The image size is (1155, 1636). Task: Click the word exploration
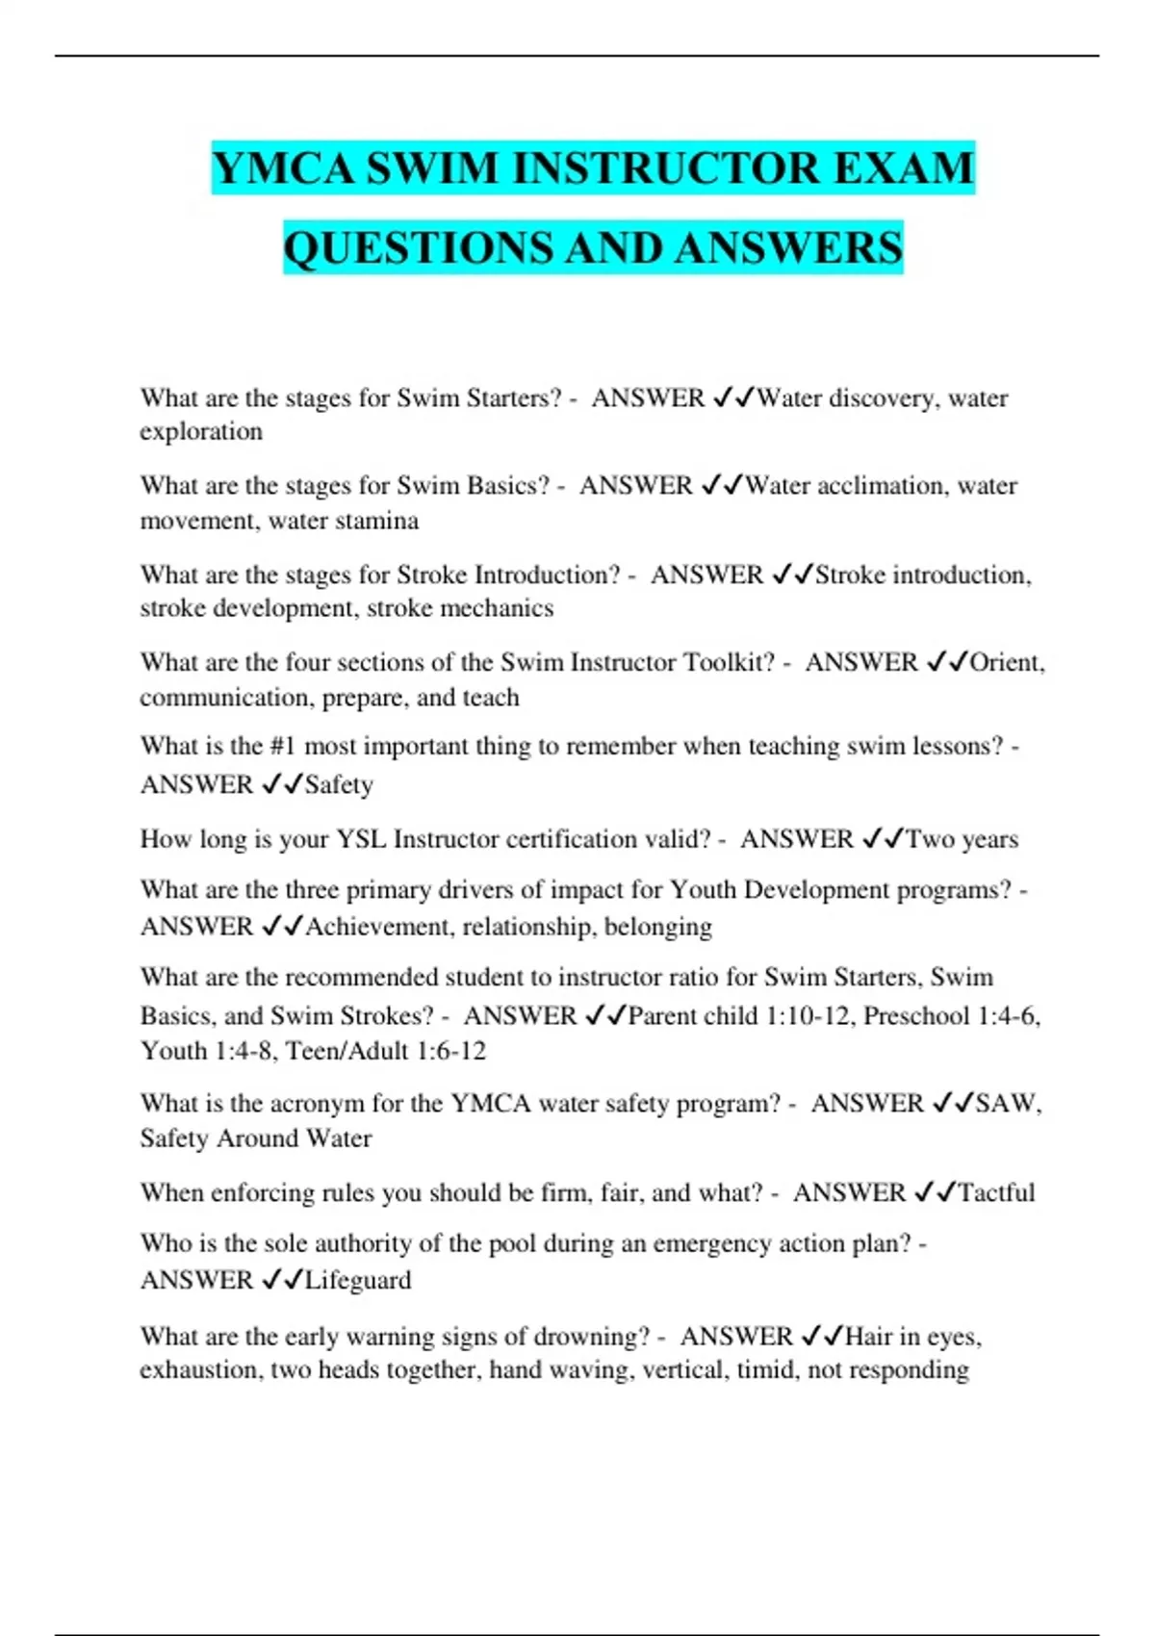[x=201, y=431]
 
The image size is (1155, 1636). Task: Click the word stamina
[x=380, y=521]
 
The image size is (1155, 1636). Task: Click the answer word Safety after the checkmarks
[x=339, y=784]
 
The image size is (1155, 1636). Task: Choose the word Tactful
[x=996, y=1192]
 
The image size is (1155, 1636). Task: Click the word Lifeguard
[x=358, y=1280]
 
